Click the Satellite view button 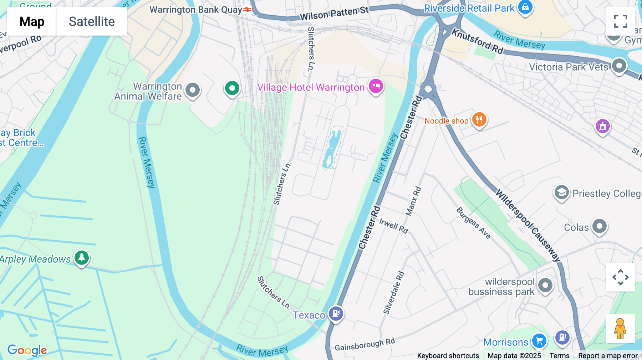(92, 21)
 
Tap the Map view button (32, 21)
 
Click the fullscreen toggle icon (620, 21)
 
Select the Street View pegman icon (620, 329)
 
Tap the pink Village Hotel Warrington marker (376, 86)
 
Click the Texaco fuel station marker (336, 314)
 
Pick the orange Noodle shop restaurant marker (479, 120)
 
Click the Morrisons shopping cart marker (539, 341)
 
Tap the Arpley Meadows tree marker (82, 258)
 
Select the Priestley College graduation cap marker (561, 193)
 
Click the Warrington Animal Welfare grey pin (193, 90)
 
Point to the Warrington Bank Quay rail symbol (247, 10)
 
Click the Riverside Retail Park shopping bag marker (525, 7)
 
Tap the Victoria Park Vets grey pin (619, 66)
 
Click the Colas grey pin (599, 226)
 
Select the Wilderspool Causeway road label (528, 225)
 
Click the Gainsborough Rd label (365, 344)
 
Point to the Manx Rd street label (413, 201)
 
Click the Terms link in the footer (559, 356)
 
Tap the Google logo (27, 350)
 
